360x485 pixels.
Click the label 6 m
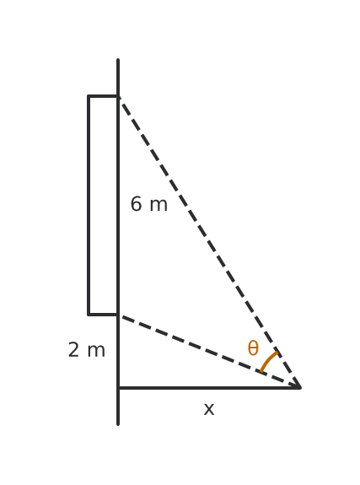point(149,204)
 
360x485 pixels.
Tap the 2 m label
point(87,350)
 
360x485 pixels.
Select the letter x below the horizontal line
point(209,409)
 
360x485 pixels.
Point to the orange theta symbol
point(253,348)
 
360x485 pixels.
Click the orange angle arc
point(268,360)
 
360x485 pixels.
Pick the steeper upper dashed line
point(209,242)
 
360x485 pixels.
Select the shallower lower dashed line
point(209,351)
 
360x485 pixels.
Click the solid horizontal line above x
point(209,387)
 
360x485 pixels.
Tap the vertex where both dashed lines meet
point(299,387)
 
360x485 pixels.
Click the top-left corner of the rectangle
point(89,96)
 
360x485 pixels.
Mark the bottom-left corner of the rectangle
point(89,315)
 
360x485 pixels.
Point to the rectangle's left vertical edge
point(89,206)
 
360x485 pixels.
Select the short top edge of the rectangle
point(104,96)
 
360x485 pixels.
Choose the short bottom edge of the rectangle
point(104,315)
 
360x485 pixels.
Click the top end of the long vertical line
point(118,60)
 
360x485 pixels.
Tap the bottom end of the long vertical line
point(118,424)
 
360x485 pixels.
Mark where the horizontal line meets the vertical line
point(118,387)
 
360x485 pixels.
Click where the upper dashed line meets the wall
point(118,97)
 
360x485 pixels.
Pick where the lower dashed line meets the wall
point(118,315)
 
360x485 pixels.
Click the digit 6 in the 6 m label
point(136,204)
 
